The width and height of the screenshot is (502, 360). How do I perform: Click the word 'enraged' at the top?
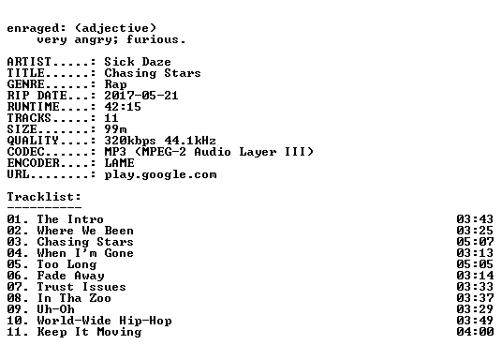(33, 29)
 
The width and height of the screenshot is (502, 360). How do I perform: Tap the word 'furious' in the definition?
(152, 39)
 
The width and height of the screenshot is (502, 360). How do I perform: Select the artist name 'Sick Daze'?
(138, 62)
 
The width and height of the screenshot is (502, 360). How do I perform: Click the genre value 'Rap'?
(115, 84)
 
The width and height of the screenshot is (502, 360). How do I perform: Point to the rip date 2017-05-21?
(141, 96)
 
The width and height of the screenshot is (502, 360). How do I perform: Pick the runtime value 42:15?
(123, 107)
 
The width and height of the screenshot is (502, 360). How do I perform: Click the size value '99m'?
(115, 129)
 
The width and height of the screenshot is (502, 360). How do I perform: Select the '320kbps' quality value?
(130, 141)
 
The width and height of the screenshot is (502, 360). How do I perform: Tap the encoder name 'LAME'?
(119, 163)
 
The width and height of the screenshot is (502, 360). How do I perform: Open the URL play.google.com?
(160, 174)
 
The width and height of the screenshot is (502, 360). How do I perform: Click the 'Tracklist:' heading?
(44, 197)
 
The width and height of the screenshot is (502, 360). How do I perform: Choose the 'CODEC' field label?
(25, 152)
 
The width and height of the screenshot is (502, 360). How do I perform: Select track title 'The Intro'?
(70, 219)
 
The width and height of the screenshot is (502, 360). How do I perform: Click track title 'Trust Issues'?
(81, 287)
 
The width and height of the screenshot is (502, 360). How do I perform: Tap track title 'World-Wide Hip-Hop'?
(104, 321)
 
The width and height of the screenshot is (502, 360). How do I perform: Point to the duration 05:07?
(475, 242)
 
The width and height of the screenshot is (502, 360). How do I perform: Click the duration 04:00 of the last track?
(475, 332)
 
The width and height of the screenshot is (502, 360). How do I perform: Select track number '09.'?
(18, 309)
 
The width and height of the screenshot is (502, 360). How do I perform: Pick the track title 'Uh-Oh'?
(55, 309)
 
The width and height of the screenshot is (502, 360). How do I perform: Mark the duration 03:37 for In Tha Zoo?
(475, 298)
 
